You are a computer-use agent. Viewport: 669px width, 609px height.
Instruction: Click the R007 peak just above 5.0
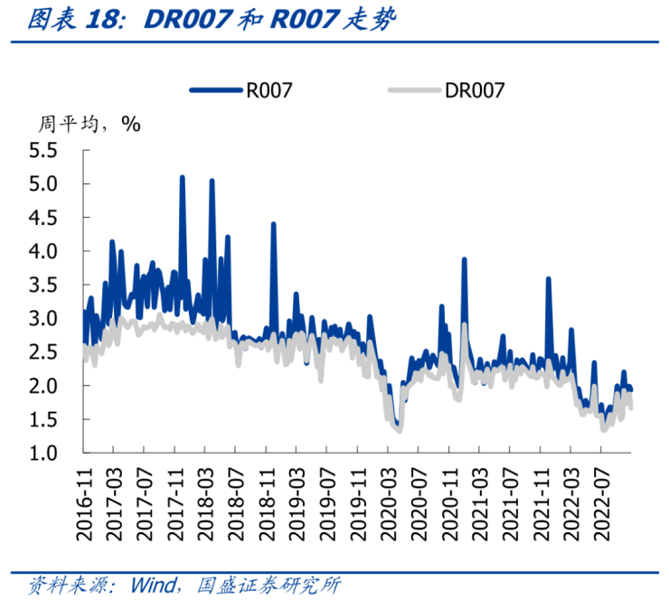pyautogui.click(x=182, y=178)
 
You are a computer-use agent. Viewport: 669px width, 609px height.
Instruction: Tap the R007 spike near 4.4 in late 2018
pyautogui.click(x=273, y=224)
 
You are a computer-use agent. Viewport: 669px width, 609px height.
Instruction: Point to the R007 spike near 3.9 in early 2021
pyautogui.click(x=464, y=259)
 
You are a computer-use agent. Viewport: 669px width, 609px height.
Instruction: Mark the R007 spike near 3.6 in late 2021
pyautogui.click(x=548, y=279)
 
